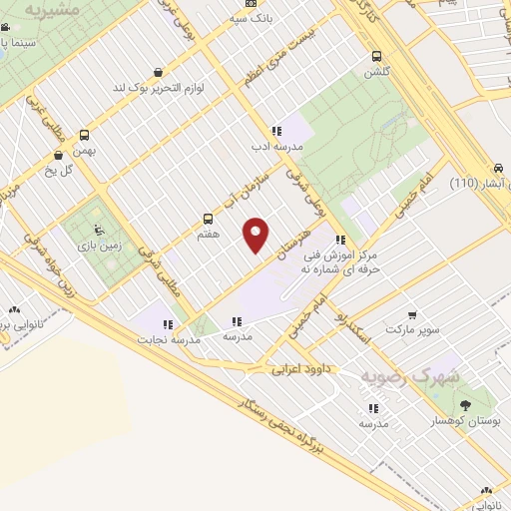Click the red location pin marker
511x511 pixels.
[256, 234]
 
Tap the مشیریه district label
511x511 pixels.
[52, 11]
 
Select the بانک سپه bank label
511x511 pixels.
[251, 18]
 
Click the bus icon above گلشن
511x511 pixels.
[376, 56]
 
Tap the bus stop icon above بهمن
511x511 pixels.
[84, 135]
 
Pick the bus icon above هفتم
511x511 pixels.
[208, 218]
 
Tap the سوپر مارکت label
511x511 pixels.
[413, 326]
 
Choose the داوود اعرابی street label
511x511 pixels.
[307, 369]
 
